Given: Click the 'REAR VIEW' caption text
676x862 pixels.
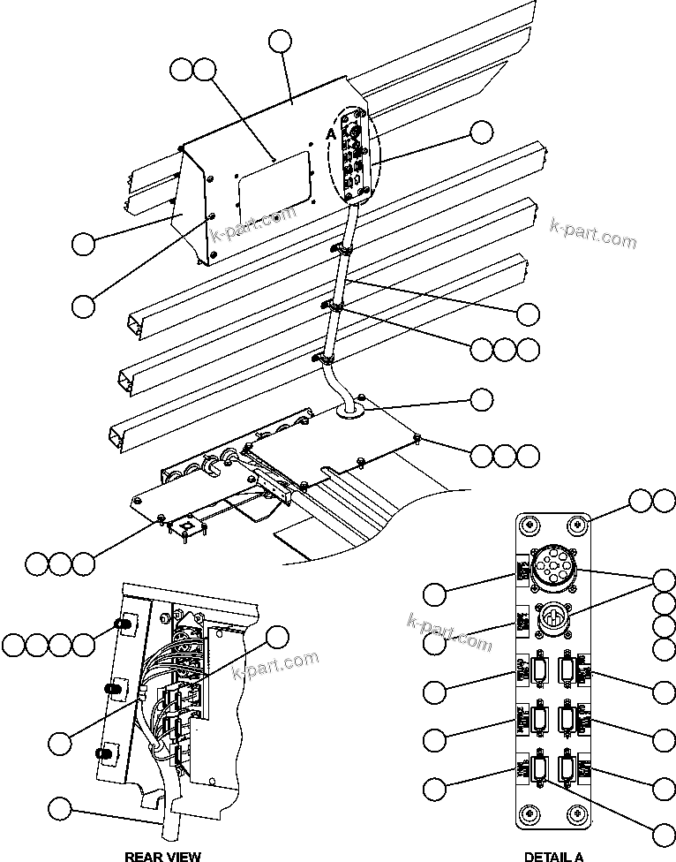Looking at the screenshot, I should (x=162, y=855).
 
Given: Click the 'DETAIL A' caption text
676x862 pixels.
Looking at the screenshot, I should (x=553, y=855).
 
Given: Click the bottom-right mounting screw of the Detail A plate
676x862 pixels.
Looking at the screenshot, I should (x=578, y=812).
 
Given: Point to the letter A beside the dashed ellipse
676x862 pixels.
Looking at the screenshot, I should (x=331, y=133).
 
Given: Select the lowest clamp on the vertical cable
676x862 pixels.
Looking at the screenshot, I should (x=322, y=359).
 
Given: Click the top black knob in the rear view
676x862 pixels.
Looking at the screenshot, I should (x=125, y=625).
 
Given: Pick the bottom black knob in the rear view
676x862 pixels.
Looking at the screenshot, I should (x=106, y=754).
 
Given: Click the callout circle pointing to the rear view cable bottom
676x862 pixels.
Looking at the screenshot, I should (x=60, y=807).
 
